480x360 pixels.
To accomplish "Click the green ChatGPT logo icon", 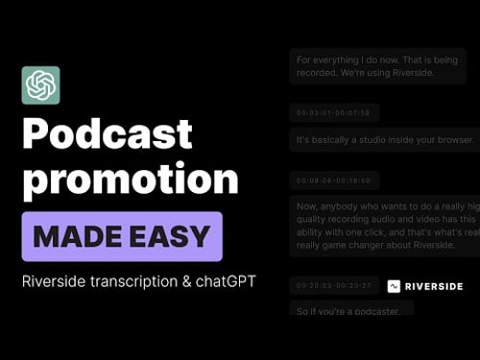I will [x=40, y=85].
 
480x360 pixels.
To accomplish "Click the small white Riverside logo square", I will [x=394, y=286].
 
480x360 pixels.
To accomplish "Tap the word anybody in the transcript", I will [x=344, y=206].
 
